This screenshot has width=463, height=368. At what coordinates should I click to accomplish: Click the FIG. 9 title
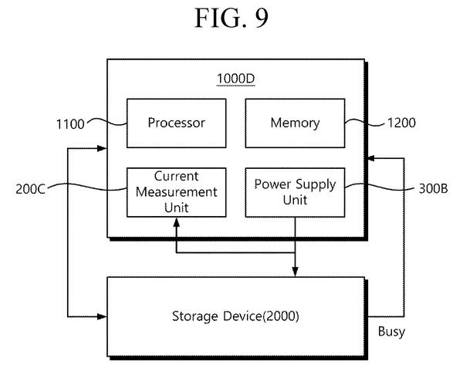(231, 19)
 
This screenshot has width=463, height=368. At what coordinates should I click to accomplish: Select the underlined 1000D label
(235, 79)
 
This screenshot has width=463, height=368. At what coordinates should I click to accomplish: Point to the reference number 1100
(70, 124)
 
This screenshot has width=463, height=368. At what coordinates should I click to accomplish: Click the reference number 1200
(401, 123)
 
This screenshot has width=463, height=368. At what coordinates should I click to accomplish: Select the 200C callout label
(30, 189)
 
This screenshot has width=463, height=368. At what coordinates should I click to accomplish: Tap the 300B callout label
(433, 188)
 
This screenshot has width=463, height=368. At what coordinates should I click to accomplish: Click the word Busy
(391, 332)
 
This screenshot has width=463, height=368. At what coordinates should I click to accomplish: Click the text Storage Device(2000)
(235, 316)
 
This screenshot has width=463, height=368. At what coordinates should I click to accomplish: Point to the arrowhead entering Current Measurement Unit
(176, 222)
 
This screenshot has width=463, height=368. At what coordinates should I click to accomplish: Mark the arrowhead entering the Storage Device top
(295, 272)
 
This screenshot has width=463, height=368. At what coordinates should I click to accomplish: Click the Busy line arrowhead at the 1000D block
(370, 158)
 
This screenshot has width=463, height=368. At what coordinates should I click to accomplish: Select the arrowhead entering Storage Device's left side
(102, 316)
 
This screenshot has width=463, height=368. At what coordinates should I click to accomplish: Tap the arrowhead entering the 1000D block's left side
(102, 148)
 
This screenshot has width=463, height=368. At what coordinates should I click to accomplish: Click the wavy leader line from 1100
(106, 122)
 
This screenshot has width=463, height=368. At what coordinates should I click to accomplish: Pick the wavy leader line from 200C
(87, 187)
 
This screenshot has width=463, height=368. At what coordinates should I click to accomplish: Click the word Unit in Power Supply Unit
(295, 200)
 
